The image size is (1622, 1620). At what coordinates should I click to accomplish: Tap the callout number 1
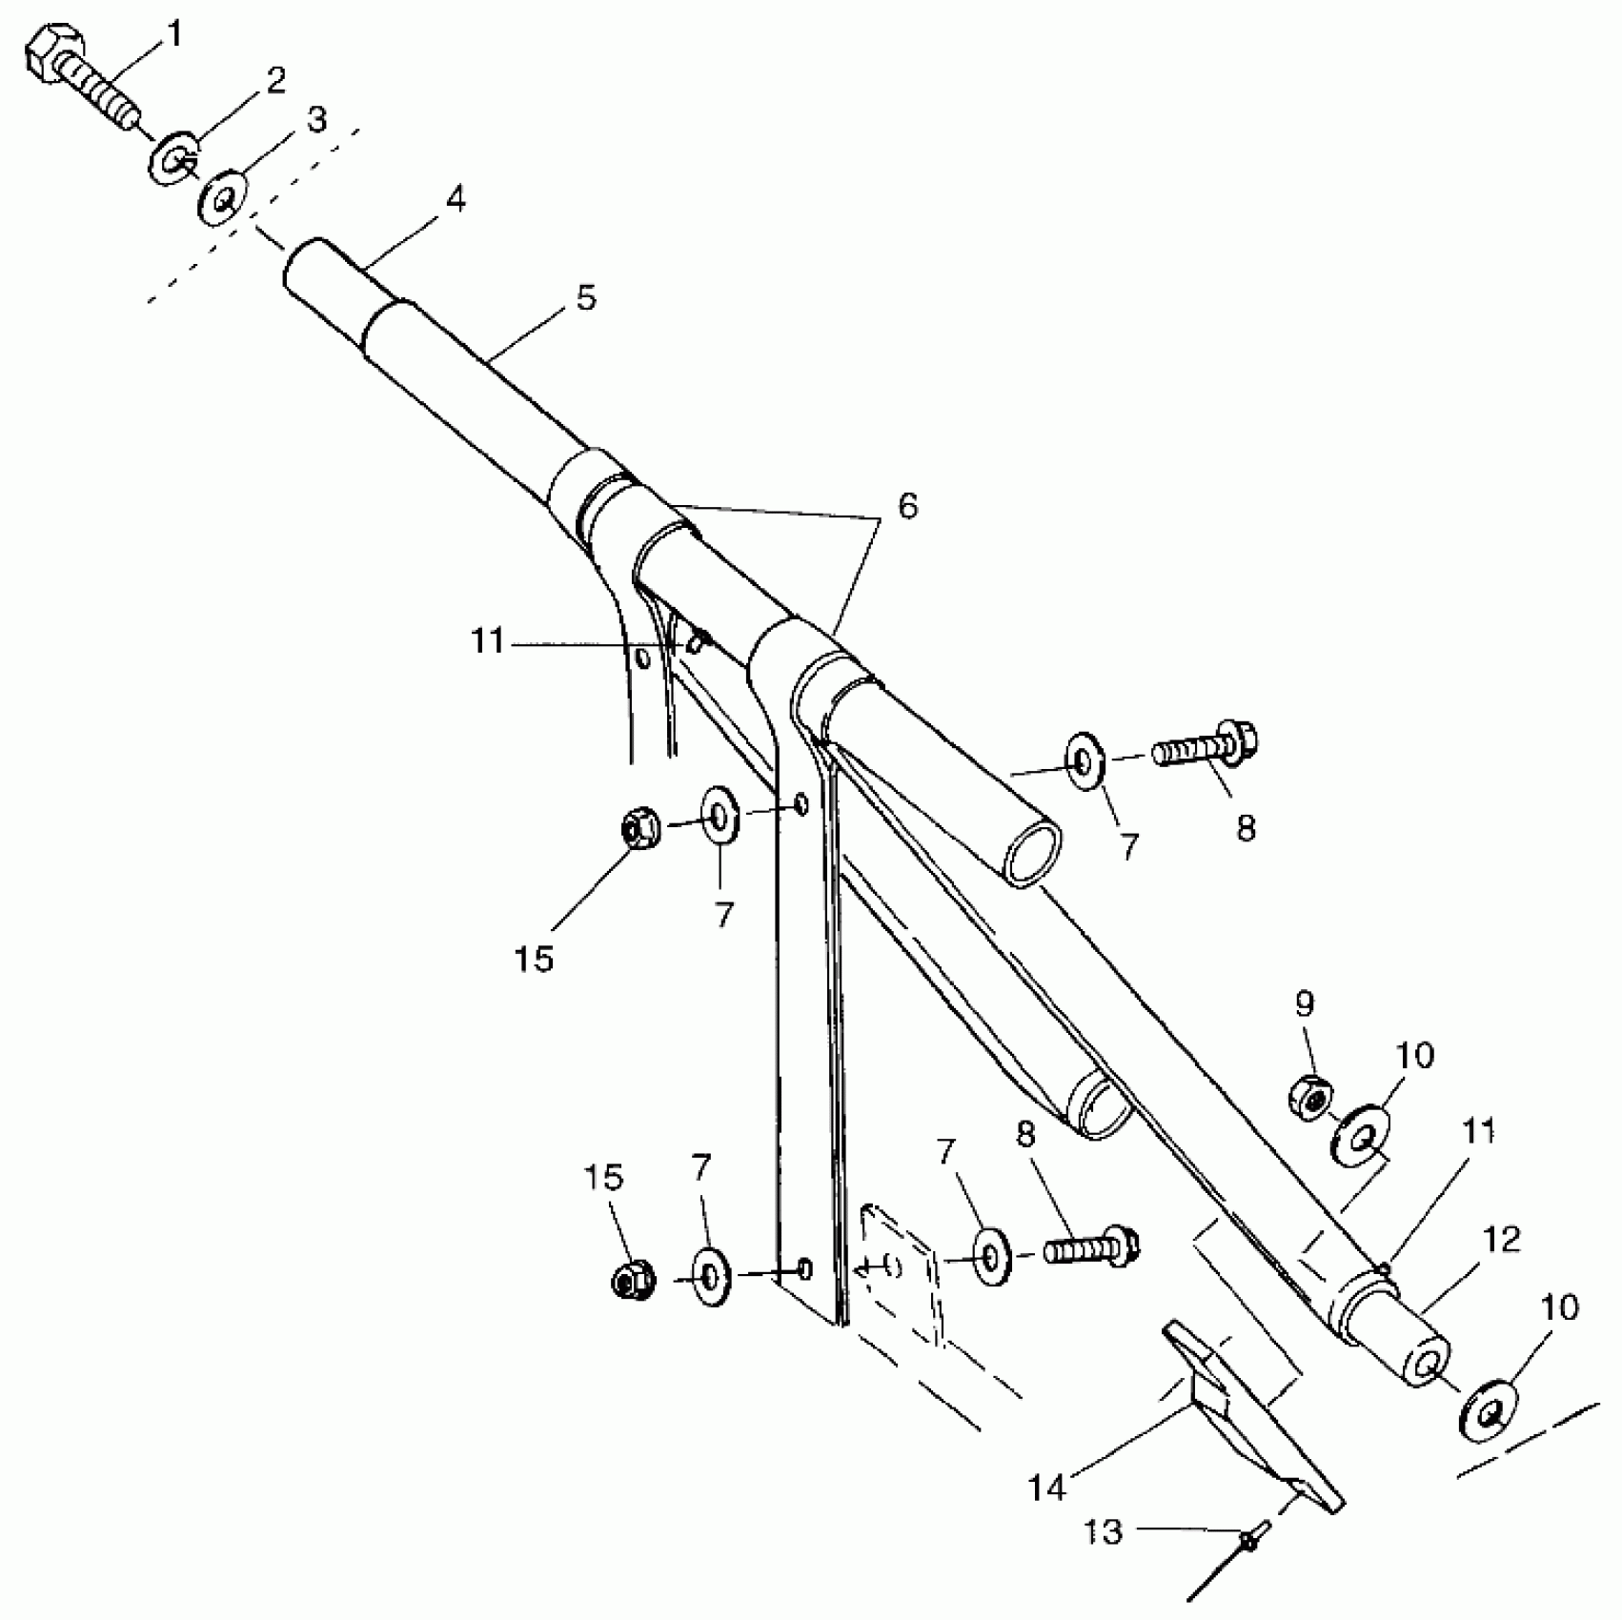pos(174,36)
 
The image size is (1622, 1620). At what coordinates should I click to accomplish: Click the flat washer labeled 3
pos(223,198)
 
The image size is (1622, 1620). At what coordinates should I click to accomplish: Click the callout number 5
pos(586,298)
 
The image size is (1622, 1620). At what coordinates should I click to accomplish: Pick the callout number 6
pos(907,506)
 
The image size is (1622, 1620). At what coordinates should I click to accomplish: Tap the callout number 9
pos(1305,1003)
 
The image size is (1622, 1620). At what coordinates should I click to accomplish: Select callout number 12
pos(1502,1240)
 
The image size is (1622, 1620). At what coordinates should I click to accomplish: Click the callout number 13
pos(1104,1532)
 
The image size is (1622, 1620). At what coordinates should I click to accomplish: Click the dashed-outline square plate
pos(901,1274)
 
